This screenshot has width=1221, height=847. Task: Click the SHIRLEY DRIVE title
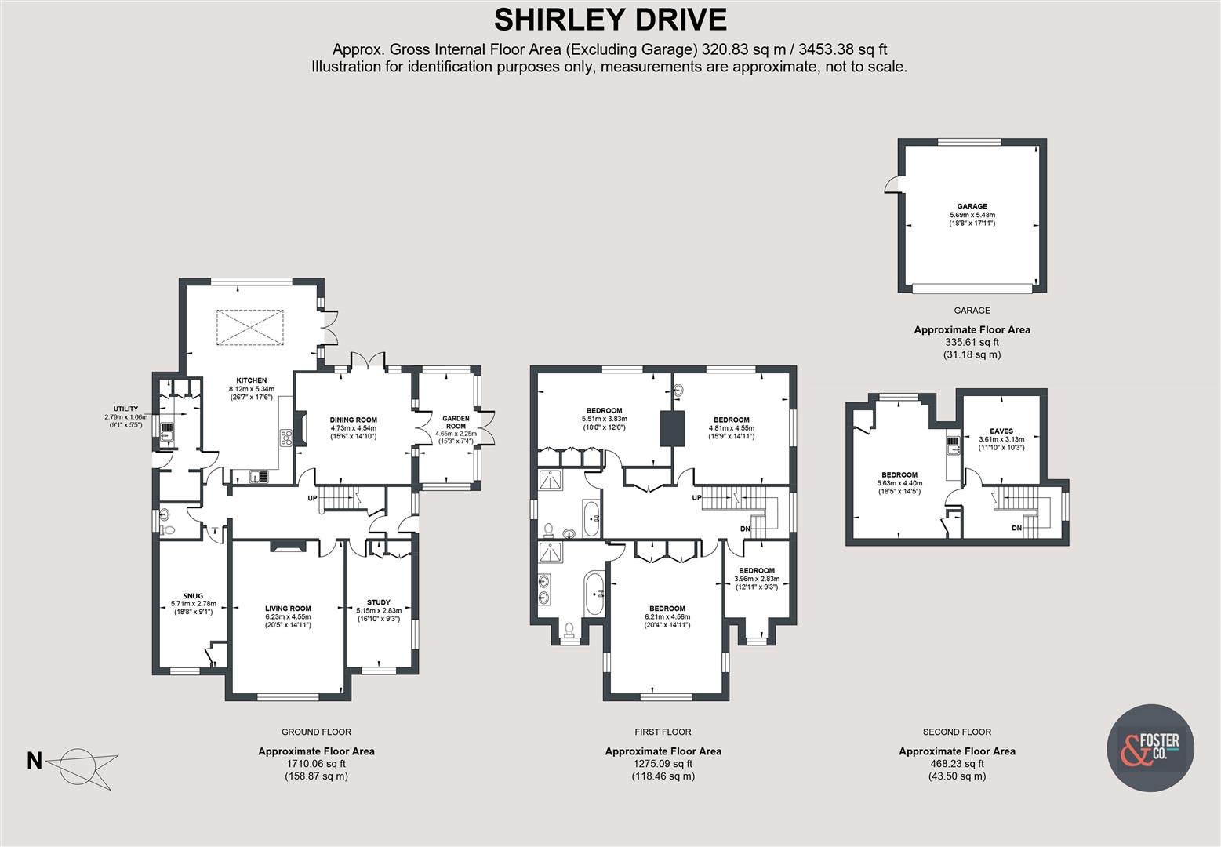610,19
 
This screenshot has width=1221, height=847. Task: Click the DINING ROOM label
353,420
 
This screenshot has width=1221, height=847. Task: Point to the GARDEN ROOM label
456,419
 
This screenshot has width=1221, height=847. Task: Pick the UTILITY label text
125,409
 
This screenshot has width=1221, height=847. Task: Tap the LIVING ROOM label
288,608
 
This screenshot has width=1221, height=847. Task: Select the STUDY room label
379,602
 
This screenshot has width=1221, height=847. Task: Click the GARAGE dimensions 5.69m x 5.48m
972,215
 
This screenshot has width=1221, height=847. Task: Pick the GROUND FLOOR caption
316,732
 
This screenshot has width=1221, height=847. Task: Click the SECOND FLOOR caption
957,732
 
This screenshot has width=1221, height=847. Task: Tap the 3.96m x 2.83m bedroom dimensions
756,579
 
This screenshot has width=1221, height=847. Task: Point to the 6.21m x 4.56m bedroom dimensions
667,616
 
